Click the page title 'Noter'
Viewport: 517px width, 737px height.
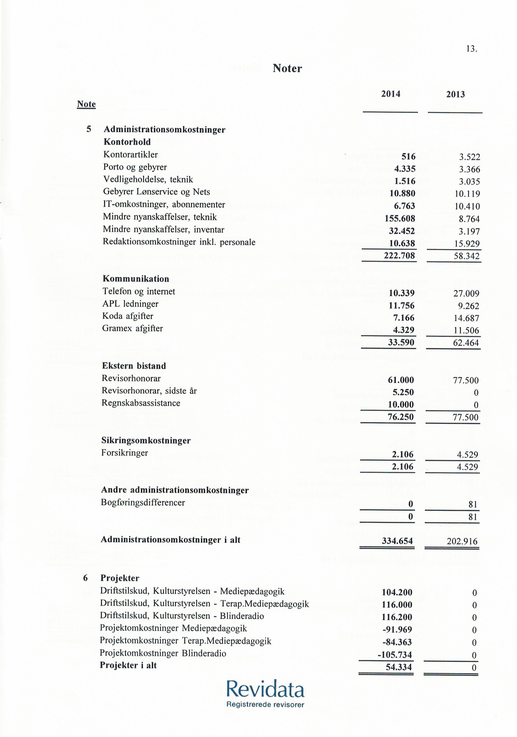coord(287,68)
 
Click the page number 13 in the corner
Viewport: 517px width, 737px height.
coord(472,49)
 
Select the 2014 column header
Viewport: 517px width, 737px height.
coord(390,94)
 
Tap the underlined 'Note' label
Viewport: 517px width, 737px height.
coord(86,104)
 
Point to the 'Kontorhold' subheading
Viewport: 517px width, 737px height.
coord(127,142)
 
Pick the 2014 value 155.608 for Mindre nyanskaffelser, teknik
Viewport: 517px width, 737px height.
coord(400,219)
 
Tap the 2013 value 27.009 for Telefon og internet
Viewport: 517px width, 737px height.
coord(466,294)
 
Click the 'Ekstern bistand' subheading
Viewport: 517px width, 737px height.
coord(134,366)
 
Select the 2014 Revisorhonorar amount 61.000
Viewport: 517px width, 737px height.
coord(401,380)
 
